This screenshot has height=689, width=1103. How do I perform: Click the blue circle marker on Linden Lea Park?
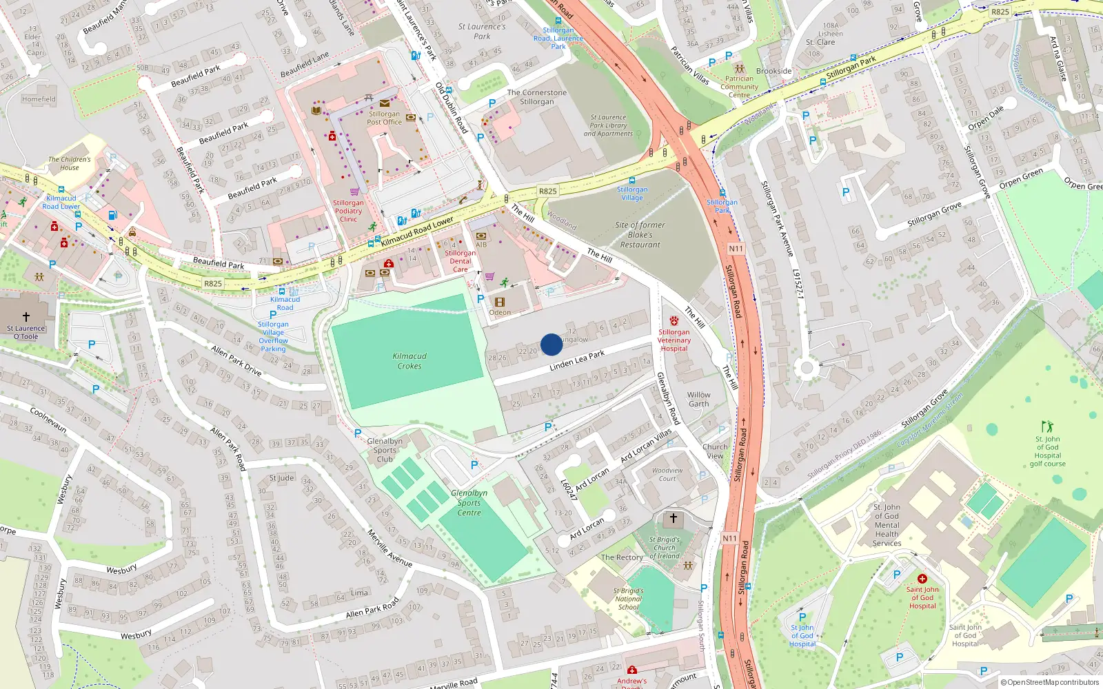[x=551, y=344]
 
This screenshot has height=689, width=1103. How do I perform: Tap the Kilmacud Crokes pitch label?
[x=409, y=361]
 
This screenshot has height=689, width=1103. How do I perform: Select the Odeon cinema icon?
[x=500, y=302]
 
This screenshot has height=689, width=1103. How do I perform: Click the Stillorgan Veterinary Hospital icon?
[x=674, y=321]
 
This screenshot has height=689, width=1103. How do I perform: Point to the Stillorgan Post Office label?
[x=384, y=118]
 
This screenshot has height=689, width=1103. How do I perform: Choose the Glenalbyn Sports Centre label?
[x=469, y=503]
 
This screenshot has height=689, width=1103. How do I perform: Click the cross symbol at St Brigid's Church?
[x=674, y=518]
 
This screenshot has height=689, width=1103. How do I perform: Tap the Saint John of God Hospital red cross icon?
[x=922, y=579]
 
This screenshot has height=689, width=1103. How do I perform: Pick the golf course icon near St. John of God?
[x=1047, y=426]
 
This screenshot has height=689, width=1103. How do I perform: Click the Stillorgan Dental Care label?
[x=460, y=261]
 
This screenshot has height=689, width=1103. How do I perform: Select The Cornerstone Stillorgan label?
[x=536, y=97]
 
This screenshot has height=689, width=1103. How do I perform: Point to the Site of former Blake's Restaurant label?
[x=640, y=235]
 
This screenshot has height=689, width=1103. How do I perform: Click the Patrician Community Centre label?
[x=739, y=87]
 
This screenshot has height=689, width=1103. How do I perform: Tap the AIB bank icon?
[x=481, y=236]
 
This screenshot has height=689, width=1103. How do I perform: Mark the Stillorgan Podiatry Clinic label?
[x=348, y=211]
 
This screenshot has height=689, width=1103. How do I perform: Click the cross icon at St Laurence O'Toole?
[x=26, y=317]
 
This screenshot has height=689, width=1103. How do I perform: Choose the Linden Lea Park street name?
[x=577, y=360]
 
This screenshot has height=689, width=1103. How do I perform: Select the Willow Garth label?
[x=698, y=400]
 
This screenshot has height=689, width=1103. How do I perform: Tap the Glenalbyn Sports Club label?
[x=385, y=450]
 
